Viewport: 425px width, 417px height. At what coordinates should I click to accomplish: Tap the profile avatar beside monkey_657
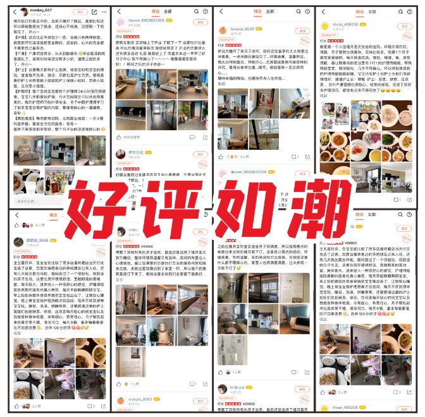(23, 12)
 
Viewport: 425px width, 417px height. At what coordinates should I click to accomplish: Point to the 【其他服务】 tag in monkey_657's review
(26, 118)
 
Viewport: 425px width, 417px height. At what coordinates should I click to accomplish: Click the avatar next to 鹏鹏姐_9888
(18, 242)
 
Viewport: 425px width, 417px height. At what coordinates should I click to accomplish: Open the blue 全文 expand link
(119, 279)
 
